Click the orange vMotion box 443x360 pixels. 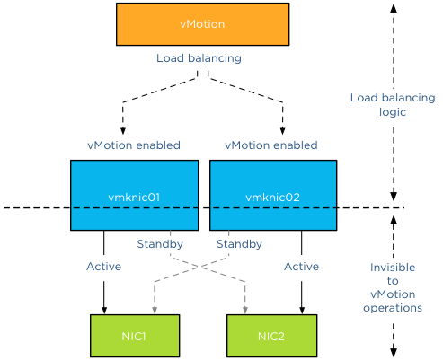(202, 24)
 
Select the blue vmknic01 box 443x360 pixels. (134, 195)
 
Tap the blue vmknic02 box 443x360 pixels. (272, 195)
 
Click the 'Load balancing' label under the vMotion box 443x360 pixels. (199, 58)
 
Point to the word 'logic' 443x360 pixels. (393, 112)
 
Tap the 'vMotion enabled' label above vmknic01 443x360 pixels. (134, 145)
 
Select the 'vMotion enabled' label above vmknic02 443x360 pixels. (270, 145)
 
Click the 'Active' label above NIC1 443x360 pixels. (103, 266)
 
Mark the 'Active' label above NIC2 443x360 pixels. (301, 266)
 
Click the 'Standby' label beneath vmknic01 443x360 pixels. (160, 243)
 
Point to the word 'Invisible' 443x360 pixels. (393, 267)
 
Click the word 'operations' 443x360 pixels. (393, 307)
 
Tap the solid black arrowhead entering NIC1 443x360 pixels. (104, 310)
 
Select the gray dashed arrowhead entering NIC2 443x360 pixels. (244, 310)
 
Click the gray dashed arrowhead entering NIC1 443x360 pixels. (156, 310)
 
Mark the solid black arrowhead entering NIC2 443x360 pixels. (301, 310)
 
